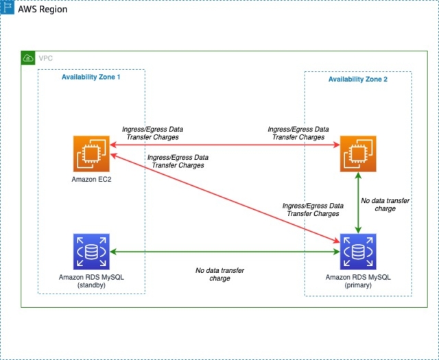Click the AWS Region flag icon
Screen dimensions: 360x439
pos(8,9)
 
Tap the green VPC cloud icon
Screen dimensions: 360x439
pos(28,58)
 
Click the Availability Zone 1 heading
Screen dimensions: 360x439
pos(91,77)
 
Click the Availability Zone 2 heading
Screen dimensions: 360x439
pos(357,80)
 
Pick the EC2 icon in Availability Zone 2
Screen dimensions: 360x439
pos(358,154)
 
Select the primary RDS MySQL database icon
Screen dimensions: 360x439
pos(358,252)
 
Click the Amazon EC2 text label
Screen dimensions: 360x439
pos(91,179)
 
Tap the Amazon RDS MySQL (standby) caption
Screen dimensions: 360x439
pos(91,281)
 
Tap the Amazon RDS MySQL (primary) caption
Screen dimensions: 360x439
pos(358,281)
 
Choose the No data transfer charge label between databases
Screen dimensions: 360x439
pos(219,274)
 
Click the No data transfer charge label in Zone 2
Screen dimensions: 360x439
pos(385,204)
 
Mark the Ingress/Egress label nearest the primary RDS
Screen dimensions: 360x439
pos(312,210)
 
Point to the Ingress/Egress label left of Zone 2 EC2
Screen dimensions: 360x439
pos(298,133)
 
